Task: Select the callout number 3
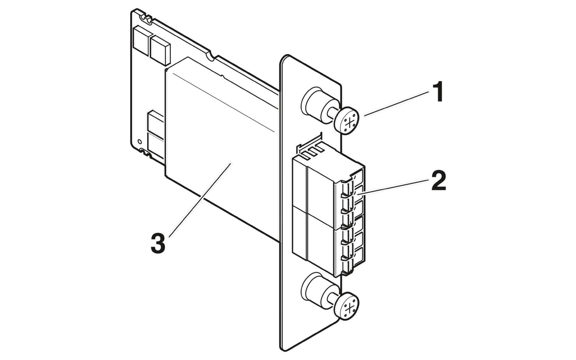(x=158, y=243)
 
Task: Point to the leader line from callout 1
(x=396, y=103)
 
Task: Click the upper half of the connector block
(x=326, y=184)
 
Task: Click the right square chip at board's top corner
(x=160, y=49)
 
